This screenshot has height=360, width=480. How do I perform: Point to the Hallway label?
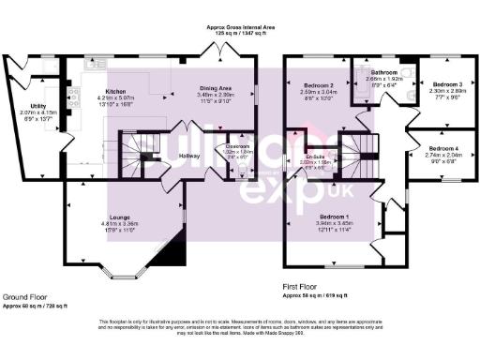coord(190,155)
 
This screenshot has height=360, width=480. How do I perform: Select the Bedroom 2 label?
coord(318,85)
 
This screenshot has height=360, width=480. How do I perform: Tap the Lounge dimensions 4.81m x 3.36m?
coord(119,225)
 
